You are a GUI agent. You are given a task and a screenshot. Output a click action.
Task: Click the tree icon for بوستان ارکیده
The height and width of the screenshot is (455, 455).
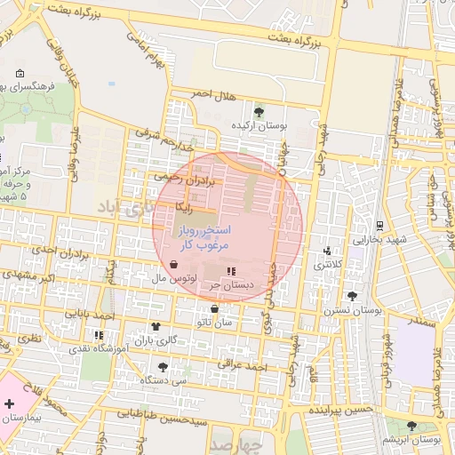click(x=259, y=111)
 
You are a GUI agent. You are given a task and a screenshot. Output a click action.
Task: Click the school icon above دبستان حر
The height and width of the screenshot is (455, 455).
click(x=231, y=271)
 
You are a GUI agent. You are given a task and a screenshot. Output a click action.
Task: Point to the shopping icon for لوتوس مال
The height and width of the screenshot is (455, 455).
click(x=172, y=265)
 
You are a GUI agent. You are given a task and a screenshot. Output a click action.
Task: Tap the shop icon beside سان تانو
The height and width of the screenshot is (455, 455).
click(x=214, y=309)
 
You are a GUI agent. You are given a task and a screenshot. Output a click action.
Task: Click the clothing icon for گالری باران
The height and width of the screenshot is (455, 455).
click(x=156, y=327)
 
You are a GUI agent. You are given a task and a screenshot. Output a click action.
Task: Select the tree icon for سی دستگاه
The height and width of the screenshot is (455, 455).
click(x=163, y=366)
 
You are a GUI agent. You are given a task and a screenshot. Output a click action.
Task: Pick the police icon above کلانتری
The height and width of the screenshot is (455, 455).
click(x=329, y=251)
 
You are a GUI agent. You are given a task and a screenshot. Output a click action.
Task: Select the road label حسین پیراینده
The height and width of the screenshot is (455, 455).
click(x=337, y=411)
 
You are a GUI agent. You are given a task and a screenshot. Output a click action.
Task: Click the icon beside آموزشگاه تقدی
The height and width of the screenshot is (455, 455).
click(x=98, y=335)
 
